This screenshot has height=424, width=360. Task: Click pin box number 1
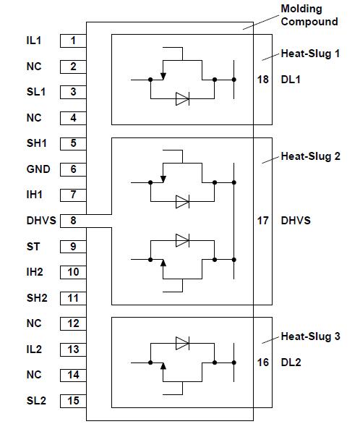(73, 41)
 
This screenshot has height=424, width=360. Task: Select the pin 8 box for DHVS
(73, 220)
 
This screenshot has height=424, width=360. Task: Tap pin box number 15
(73, 400)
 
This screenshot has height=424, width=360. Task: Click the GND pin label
(38, 169)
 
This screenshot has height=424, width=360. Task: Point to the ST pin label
(33, 246)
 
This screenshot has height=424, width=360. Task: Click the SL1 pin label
(35, 92)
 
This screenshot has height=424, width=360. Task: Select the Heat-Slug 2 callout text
(310, 156)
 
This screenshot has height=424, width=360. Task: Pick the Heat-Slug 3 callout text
(310, 336)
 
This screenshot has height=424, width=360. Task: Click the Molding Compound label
(309, 16)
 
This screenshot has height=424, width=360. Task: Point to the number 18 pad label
(262, 78)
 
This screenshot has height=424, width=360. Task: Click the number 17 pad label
(262, 220)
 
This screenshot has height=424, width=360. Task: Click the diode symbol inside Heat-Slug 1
(182, 100)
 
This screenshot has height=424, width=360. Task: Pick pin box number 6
(73, 169)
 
